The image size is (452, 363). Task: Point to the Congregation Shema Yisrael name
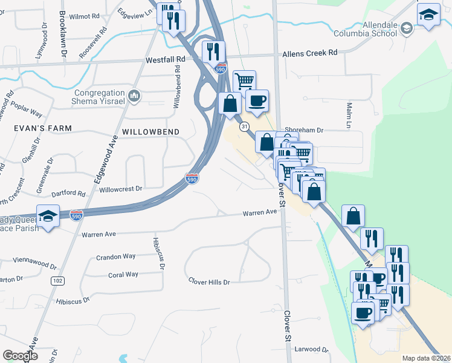(x=100, y=97)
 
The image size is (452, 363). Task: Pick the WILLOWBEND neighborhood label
(x=149, y=131)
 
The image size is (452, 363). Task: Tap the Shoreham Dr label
(x=305, y=130)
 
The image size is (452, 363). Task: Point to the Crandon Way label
(x=116, y=257)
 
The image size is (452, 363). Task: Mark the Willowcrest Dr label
(x=120, y=189)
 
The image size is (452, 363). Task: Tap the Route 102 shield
(x=58, y=281)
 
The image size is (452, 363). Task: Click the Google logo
(x=20, y=356)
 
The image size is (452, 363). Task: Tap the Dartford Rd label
(x=68, y=194)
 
